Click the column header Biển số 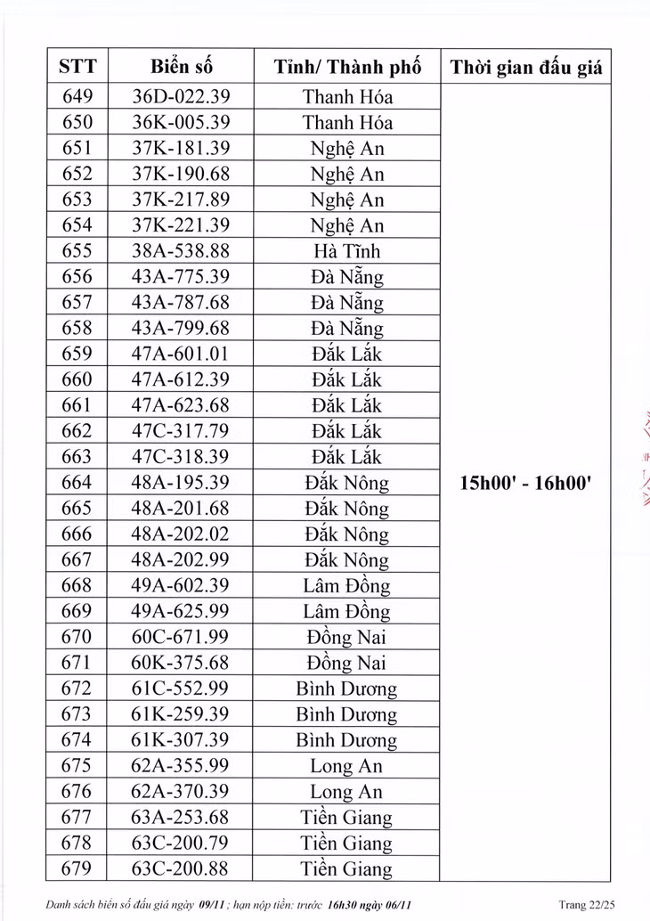tap(181, 67)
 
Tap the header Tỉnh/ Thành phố tap(347, 67)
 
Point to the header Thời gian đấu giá tap(526, 67)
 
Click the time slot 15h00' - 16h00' tap(526, 484)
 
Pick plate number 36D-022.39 tap(181, 96)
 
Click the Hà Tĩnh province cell tap(347, 251)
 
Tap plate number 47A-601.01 tap(181, 355)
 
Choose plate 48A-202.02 tap(181, 534)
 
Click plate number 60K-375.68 tap(181, 664)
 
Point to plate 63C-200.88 tap(181, 869)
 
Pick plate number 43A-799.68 tap(181, 329)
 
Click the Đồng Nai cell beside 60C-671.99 tap(347, 638)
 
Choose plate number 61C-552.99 tap(181, 689)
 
